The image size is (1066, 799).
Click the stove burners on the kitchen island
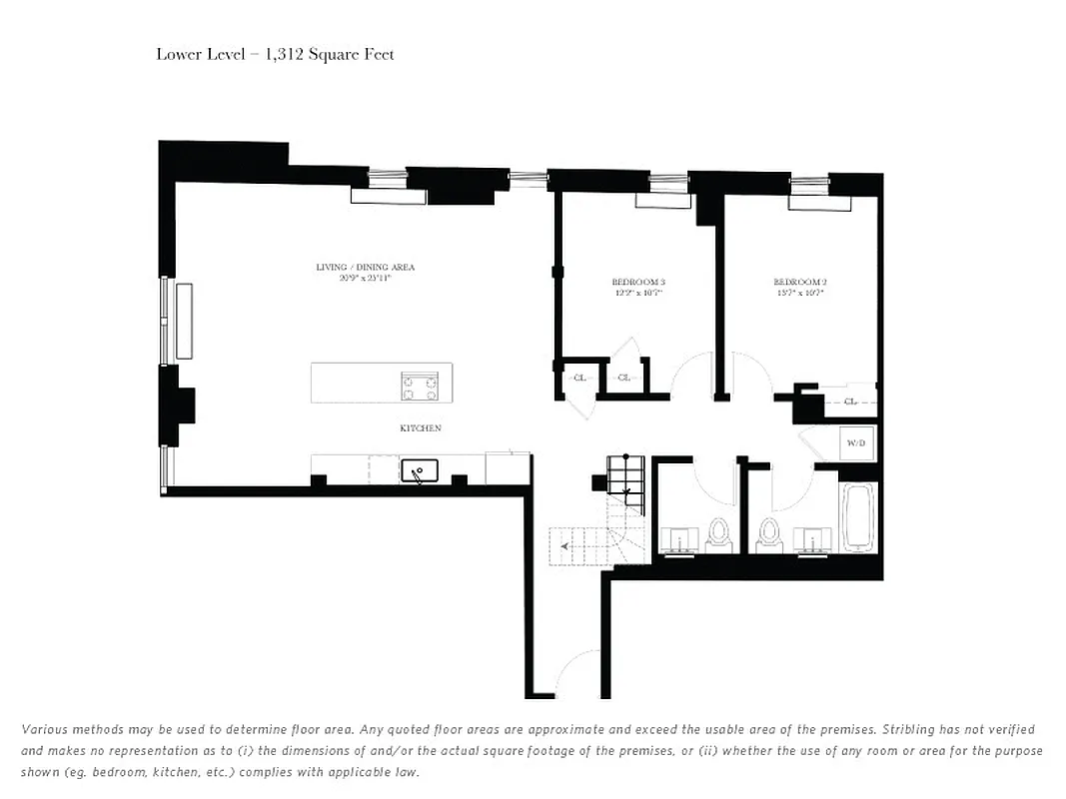pos(421,386)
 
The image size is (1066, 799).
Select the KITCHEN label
pos(421,428)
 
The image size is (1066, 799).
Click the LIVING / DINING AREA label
pos(365,268)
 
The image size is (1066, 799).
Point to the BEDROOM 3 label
pos(638,283)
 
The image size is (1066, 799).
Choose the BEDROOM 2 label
pos(799,283)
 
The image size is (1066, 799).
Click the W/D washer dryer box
pos(856,442)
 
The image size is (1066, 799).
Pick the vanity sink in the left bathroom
pos(680,539)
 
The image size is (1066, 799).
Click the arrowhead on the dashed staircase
pos(566,546)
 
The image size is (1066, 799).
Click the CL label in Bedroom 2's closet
pos(850,401)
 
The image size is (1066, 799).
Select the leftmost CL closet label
pos(579,378)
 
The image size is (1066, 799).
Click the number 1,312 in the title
pos(289,54)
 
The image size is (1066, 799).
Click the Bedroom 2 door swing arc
pos(751,375)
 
